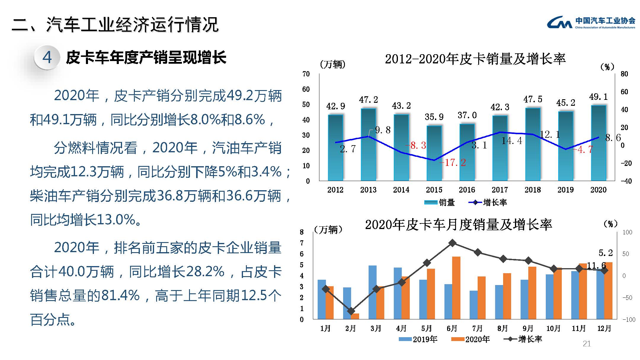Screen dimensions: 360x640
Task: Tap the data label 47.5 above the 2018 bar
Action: pos(532,99)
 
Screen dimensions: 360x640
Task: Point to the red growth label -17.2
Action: pos(452,162)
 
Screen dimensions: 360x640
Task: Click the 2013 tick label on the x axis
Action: pos(368,190)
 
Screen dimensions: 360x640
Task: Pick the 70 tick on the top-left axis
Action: pos(306,74)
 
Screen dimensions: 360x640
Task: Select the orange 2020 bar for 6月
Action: pos(456,288)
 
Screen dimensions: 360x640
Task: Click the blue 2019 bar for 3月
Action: pos(372,292)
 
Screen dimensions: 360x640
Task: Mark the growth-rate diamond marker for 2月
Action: pos(351,311)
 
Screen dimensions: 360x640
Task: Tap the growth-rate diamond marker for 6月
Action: pos(452,243)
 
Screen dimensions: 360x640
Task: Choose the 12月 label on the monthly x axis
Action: pos(604,329)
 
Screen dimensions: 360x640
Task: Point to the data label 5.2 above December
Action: pos(605,253)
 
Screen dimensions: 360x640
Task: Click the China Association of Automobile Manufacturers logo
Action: pos(591,23)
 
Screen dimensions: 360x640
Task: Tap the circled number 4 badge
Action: pos(47,57)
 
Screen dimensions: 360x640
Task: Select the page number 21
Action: pos(586,344)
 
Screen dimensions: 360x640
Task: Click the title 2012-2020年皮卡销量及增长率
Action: pos(475,59)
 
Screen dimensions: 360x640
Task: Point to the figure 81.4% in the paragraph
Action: pos(120,295)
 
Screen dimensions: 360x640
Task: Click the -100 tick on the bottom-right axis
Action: pos(629,320)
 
